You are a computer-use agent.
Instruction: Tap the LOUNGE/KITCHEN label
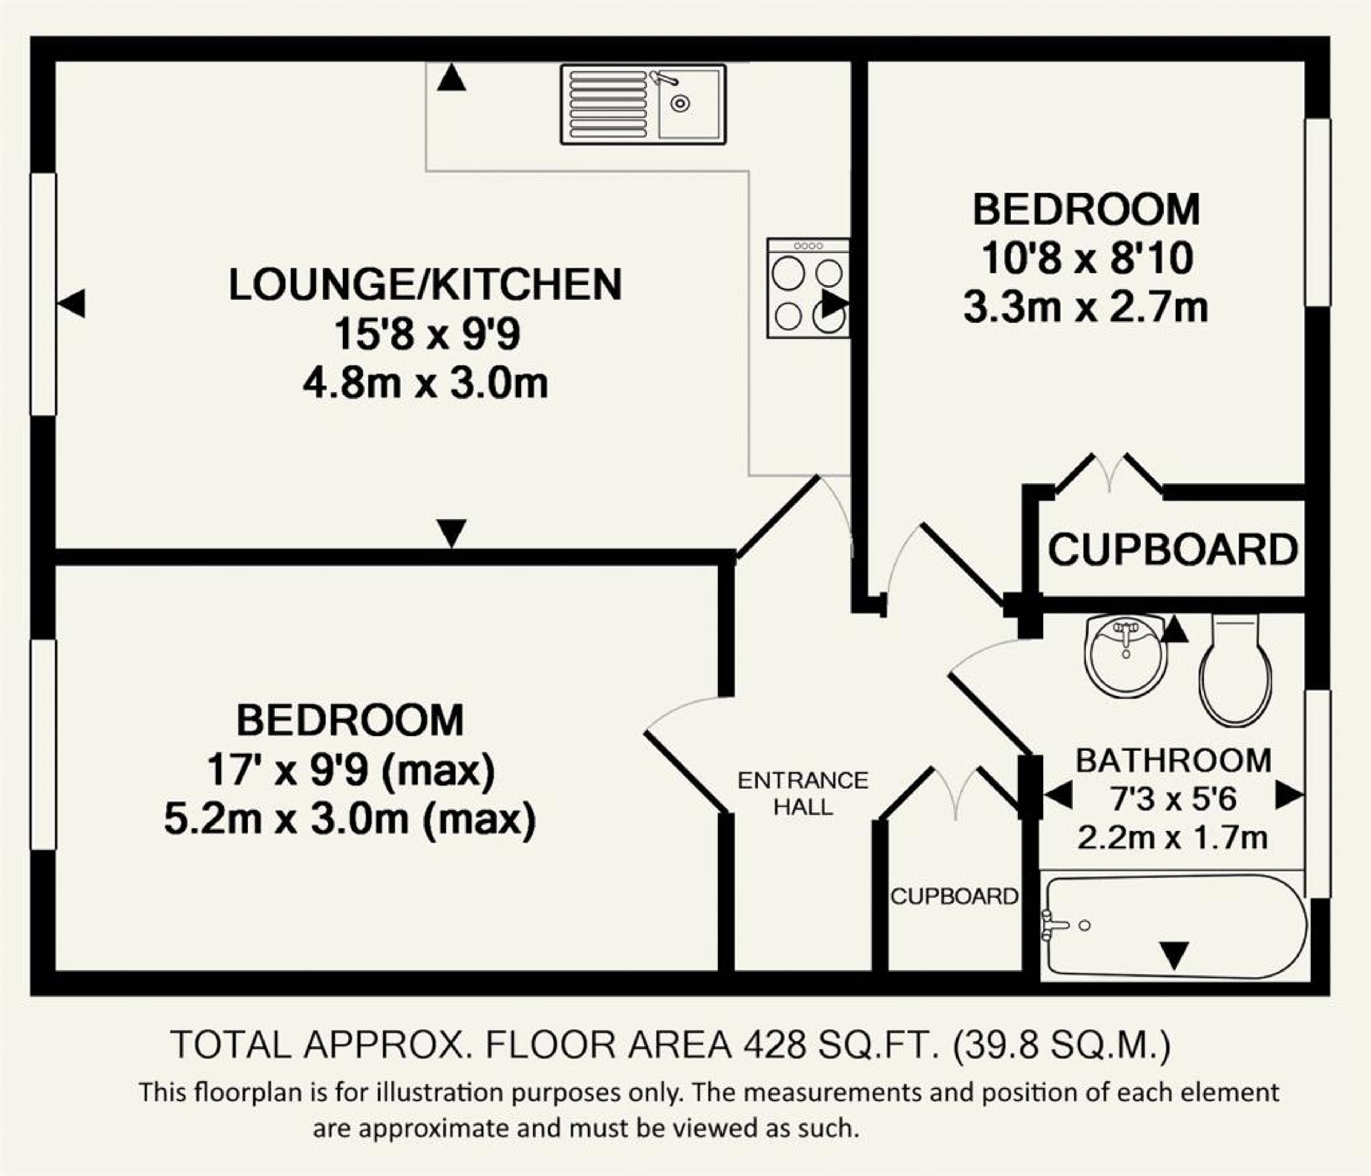tap(426, 284)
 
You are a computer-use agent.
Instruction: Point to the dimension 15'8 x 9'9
tap(427, 334)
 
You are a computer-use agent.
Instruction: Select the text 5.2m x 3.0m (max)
tap(350, 820)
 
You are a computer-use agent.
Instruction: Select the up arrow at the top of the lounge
tap(451, 77)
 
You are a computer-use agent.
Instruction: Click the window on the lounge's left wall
tap(44, 294)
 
